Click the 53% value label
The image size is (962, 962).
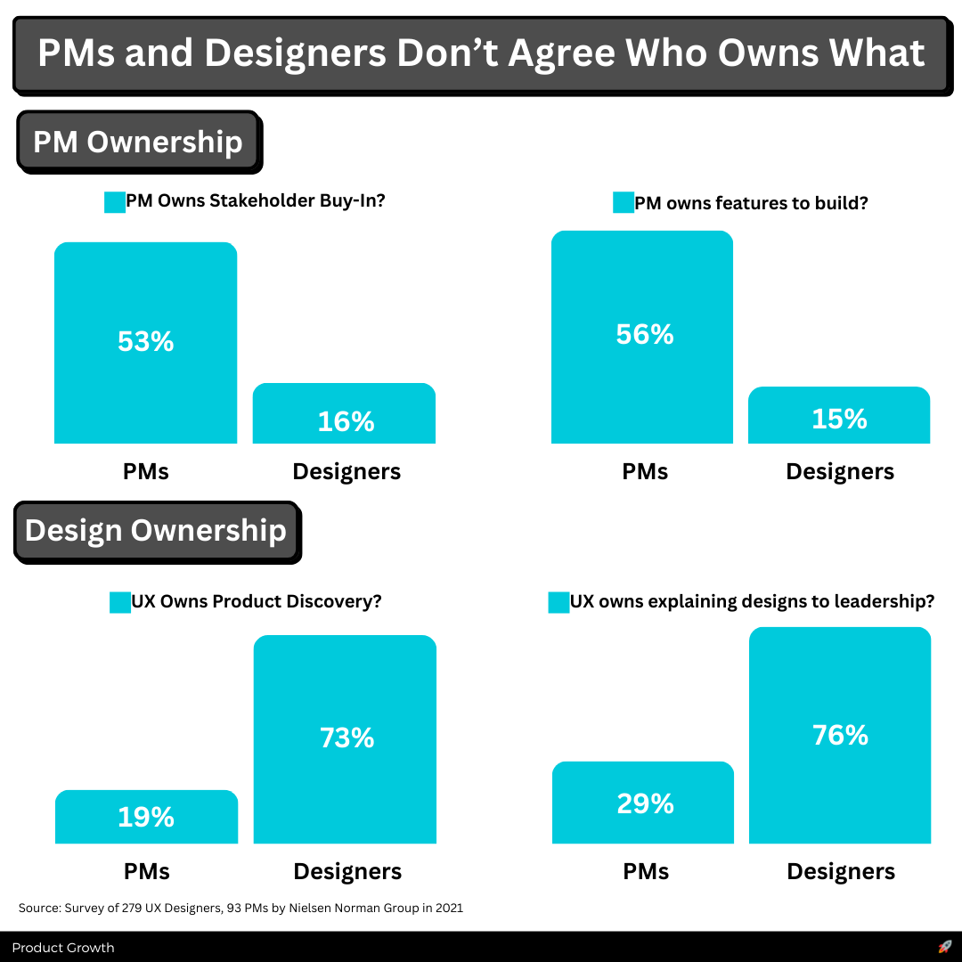coord(145,341)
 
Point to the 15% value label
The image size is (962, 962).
coord(839,419)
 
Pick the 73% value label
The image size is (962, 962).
coord(346,738)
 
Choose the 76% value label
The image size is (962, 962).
coord(840,735)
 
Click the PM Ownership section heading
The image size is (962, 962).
coord(138,143)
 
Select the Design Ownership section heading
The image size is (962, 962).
coord(156,531)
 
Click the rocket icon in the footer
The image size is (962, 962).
coord(945,947)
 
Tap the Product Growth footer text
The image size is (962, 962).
coord(63,948)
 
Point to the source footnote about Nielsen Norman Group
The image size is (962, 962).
coord(240,909)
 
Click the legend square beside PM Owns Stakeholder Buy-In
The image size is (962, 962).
coord(115,202)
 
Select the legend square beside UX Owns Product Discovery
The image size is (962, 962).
coord(120,602)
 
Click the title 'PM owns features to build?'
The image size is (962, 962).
coord(751,203)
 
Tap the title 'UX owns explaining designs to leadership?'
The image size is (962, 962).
coord(752,601)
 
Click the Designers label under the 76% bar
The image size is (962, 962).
coord(841,871)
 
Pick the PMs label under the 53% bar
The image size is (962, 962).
coord(146,471)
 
